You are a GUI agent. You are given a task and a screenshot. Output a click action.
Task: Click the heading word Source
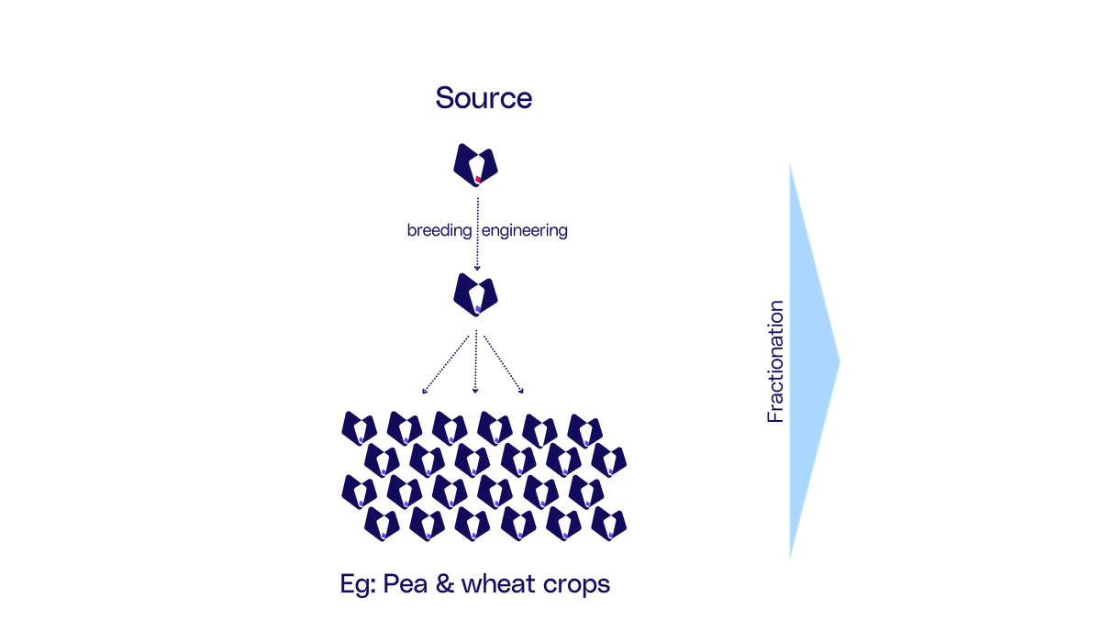pyautogui.click(x=484, y=98)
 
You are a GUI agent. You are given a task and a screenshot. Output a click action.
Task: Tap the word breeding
pyautogui.click(x=439, y=230)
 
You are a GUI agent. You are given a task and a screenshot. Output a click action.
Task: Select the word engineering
pyautogui.click(x=525, y=230)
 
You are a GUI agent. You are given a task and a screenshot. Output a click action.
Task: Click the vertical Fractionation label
pyautogui.click(x=775, y=361)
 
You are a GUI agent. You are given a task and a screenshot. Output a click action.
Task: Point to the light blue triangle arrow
pyautogui.click(x=808, y=361)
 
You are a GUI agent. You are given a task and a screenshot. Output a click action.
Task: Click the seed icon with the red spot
pyautogui.click(x=475, y=165)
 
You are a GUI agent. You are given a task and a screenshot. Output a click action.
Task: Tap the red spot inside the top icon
pyautogui.click(x=478, y=179)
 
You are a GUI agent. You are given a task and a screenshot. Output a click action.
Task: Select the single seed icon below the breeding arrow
pyautogui.click(x=475, y=294)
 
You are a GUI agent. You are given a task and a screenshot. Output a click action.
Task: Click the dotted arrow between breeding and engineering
pyautogui.click(x=477, y=234)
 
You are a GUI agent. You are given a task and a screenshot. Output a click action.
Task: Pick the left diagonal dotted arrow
pyautogui.click(x=445, y=365)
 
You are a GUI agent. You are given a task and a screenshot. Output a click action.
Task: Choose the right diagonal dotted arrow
pyautogui.click(x=504, y=365)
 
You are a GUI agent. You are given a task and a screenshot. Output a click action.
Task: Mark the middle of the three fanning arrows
pyautogui.click(x=475, y=362)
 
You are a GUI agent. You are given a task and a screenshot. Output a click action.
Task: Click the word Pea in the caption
pyautogui.click(x=405, y=584)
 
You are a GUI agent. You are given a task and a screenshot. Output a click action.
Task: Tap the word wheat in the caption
pyautogui.click(x=498, y=584)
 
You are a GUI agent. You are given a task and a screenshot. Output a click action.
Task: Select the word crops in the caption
pyautogui.click(x=576, y=585)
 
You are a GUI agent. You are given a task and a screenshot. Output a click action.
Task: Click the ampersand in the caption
pyautogui.click(x=444, y=584)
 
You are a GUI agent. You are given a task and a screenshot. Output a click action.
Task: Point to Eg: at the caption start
pyautogui.click(x=358, y=585)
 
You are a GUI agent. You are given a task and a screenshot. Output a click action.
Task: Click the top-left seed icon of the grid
pyautogui.click(x=360, y=428)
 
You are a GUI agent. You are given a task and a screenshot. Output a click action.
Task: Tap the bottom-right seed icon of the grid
pyautogui.click(x=608, y=524)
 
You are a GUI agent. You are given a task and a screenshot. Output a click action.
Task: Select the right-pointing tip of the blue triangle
pyautogui.click(x=840, y=362)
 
